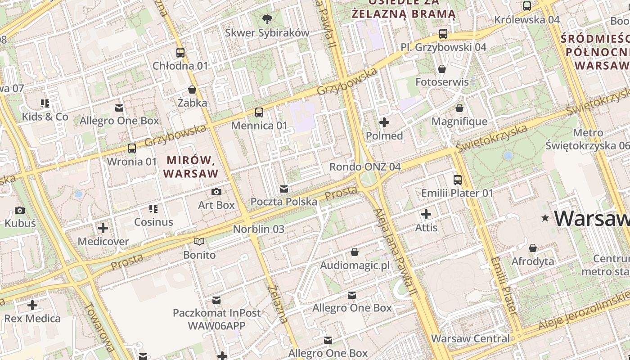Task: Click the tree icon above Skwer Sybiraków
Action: [x=267, y=18]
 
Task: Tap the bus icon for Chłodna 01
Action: [x=180, y=52]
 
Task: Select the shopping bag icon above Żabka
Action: [x=192, y=90]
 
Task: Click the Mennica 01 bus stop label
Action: [x=259, y=126]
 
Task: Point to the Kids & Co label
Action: [x=45, y=117]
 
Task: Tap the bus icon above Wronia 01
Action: [x=132, y=148]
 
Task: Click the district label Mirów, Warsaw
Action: [x=191, y=166]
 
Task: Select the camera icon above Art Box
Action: [x=216, y=192]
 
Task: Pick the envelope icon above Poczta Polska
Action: [x=284, y=189]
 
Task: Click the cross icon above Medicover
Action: [x=103, y=228]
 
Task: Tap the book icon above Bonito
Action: [x=199, y=242]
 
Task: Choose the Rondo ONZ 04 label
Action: [x=364, y=167]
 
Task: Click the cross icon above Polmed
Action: [x=384, y=122]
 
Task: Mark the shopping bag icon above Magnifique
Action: [x=459, y=108]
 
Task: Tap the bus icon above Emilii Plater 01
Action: [x=458, y=180]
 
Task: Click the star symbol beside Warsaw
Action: [x=545, y=218]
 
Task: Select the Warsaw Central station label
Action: [x=470, y=338]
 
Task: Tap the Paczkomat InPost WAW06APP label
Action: [x=216, y=319]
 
